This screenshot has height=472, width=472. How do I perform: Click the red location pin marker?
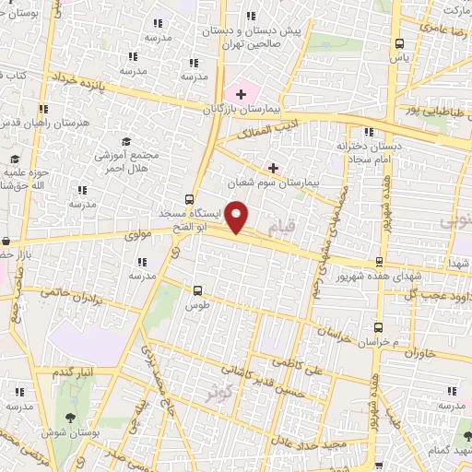(238, 218)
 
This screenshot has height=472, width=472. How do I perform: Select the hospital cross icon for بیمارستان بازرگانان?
(242, 93)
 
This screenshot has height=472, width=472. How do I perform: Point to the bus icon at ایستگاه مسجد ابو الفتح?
(190, 198)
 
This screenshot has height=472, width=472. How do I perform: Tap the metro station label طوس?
(197, 304)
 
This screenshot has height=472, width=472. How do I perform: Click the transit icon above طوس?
(197, 289)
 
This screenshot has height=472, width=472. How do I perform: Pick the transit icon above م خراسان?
(379, 327)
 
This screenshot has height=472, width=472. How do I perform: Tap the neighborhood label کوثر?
(217, 392)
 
